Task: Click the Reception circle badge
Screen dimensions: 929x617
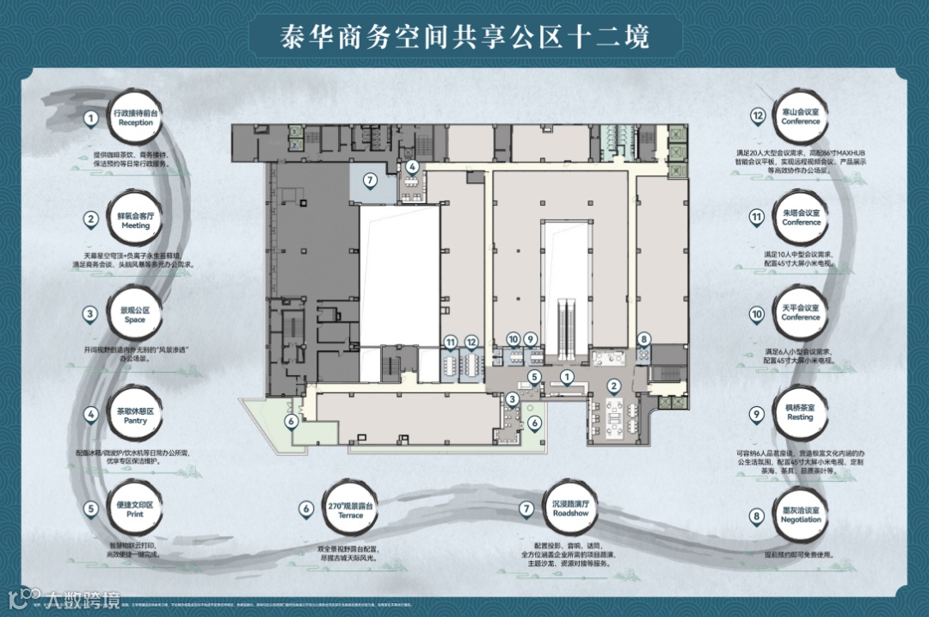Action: pos(133,117)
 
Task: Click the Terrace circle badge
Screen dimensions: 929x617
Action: pos(351,509)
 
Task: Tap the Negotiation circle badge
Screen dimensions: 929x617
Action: pos(800,515)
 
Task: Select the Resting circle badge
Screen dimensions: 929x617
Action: pos(800,412)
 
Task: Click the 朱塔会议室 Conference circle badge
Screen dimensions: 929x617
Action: pos(801,217)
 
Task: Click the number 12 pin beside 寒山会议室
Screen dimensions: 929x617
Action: pos(758,116)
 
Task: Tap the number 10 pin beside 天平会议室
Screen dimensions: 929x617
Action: pos(757,315)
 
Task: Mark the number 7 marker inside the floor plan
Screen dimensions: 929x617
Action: pos(370,181)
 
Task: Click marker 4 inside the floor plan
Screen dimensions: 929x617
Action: pos(413,166)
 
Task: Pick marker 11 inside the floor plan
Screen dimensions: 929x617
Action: pos(451,342)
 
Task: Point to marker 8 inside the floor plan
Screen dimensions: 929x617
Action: pos(643,339)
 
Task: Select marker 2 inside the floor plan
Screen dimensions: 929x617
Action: pos(614,386)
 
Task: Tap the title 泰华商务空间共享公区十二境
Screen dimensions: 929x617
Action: pos(464,36)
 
